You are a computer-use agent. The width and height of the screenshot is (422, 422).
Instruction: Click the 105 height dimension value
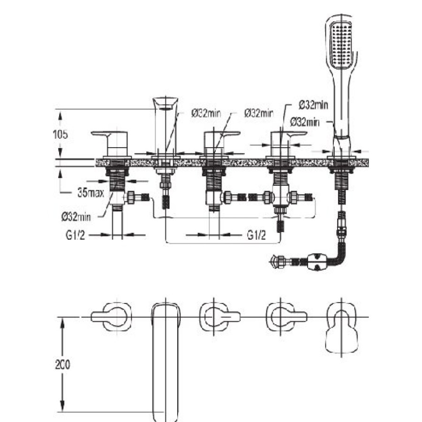[x=60, y=134]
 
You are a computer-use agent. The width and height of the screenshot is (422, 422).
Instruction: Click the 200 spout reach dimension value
[x=62, y=364]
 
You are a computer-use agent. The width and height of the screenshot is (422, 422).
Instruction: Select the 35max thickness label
[x=90, y=192]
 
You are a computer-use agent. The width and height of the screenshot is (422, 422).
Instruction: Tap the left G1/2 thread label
[x=75, y=235]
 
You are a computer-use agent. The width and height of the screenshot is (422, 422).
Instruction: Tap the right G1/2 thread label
[x=256, y=235]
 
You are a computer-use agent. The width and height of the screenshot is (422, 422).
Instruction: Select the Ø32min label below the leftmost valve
[x=76, y=216]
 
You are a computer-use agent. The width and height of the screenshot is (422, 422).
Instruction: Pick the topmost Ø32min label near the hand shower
[x=313, y=105]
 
